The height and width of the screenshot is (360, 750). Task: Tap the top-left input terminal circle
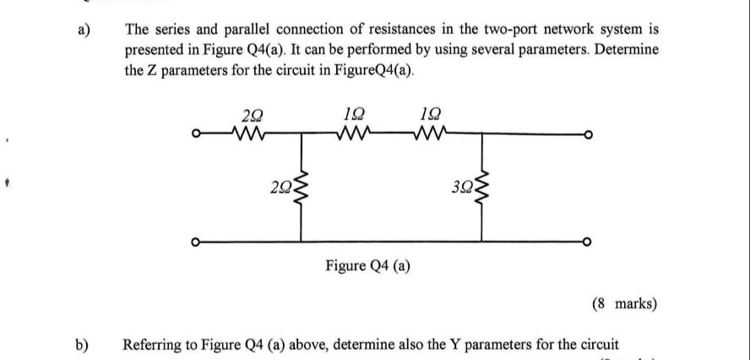point(196,134)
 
